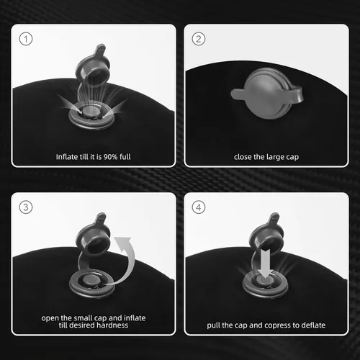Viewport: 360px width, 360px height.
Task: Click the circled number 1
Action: point(26,39)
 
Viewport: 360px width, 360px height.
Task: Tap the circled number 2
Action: point(199,39)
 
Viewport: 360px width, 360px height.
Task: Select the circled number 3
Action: point(26,207)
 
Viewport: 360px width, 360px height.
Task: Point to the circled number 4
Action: point(199,207)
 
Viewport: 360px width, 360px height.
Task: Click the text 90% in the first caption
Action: point(110,157)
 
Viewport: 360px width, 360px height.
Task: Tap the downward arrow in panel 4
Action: point(266,264)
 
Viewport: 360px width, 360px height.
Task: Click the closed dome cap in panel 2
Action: point(268,94)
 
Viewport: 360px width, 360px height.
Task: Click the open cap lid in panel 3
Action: point(92,234)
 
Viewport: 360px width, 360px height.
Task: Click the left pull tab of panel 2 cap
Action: point(238,94)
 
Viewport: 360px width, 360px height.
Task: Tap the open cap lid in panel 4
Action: point(266,234)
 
